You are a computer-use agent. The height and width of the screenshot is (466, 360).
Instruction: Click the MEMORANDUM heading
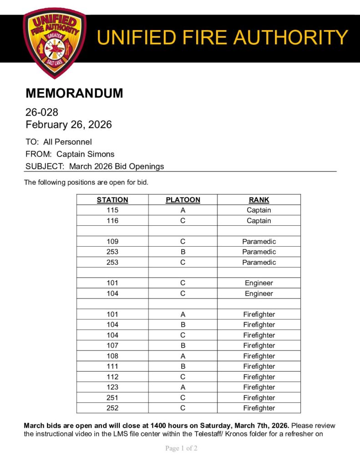[x=74, y=93]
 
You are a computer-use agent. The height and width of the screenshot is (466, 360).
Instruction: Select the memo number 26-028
[x=42, y=112]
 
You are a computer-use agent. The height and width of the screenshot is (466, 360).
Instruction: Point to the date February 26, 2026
[x=69, y=124]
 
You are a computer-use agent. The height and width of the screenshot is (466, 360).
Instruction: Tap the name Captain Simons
[x=85, y=154]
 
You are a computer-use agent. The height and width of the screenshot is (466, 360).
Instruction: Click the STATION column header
[x=112, y=200]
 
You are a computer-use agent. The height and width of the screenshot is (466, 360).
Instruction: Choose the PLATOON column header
[x=183, y=200]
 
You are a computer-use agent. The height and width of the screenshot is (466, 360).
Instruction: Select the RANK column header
[x=259, y=200]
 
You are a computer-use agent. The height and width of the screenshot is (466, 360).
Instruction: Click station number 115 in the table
[x=112, y=210]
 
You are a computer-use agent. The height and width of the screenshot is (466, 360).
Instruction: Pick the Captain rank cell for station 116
[x=259, y=221]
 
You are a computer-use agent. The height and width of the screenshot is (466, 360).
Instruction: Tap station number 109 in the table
[x=112, y=242]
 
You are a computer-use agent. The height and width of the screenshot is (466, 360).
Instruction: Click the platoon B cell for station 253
[x=183, y=252]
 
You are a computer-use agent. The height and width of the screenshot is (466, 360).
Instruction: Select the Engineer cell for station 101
[x=259, y=283]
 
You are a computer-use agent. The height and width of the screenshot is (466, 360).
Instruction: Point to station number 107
[x=112, y=345]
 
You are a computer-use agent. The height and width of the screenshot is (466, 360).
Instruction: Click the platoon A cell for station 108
[x=183, y=356]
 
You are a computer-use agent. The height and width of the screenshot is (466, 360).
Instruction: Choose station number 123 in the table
[x=112, y=387]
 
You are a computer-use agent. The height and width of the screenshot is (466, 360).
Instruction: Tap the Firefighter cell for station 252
[x=259, y=408]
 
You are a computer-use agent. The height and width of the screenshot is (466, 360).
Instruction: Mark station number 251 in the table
[x=112, y=398]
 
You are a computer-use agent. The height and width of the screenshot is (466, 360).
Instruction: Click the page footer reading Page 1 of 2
[x=181, y=448]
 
